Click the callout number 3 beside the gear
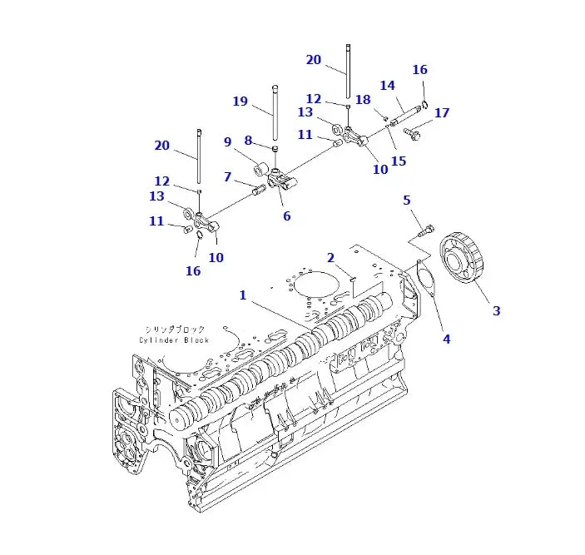496,311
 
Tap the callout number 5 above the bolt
407,201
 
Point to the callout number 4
446,339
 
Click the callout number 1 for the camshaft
243,295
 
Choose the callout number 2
330,258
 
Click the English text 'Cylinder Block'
174,339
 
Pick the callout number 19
240,102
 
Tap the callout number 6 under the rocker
286,216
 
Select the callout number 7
227,176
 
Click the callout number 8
248,140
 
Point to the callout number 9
227,142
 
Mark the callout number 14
387,86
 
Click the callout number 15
399,161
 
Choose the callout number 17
441,113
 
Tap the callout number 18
362,100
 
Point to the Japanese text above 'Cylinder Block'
174,329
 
